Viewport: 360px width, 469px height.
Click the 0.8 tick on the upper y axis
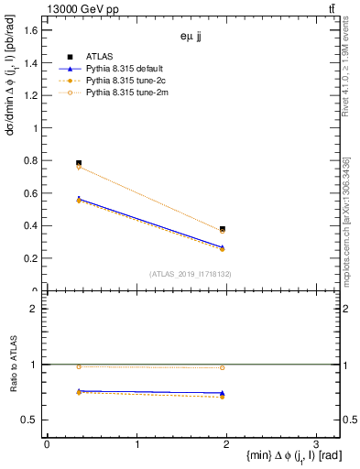point(30,161)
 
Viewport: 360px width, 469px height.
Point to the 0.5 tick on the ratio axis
point(30,420)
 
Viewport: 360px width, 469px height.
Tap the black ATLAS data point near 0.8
point(79,163)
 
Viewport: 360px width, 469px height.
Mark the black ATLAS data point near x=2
point(223,229)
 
